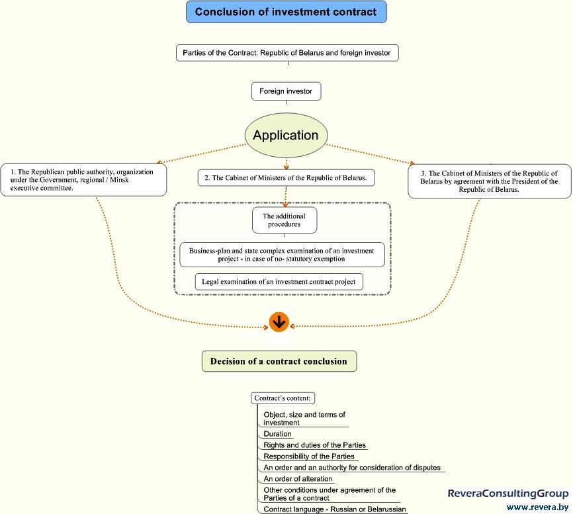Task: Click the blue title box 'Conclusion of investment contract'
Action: click(286, 12)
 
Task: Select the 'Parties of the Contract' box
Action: click(287, 53)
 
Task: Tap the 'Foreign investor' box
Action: click(286, 91)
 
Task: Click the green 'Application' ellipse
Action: click(286, 135)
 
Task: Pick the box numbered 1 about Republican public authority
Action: click(83, 180)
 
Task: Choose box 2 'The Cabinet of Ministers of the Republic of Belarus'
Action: click(286, 178)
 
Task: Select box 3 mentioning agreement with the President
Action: click(490, 181)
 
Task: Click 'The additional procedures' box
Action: click(285, 220)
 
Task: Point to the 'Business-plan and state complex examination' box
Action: click(282, 255)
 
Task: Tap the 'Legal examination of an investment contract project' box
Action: click(279, 282)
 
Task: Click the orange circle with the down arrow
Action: click(279, 322)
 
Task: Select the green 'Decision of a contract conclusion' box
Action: click(279, 361)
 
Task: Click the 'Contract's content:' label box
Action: click(283, 398)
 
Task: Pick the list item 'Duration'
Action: click(277, 434)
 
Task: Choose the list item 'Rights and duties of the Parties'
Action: click(315, 445)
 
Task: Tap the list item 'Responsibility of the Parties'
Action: click(309, 456)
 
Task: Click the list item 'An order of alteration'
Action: click(298, 479)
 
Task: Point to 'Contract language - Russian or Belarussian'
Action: click(335, 509)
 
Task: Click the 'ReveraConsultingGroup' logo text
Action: click(508, 493)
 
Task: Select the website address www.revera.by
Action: click(537, 507)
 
